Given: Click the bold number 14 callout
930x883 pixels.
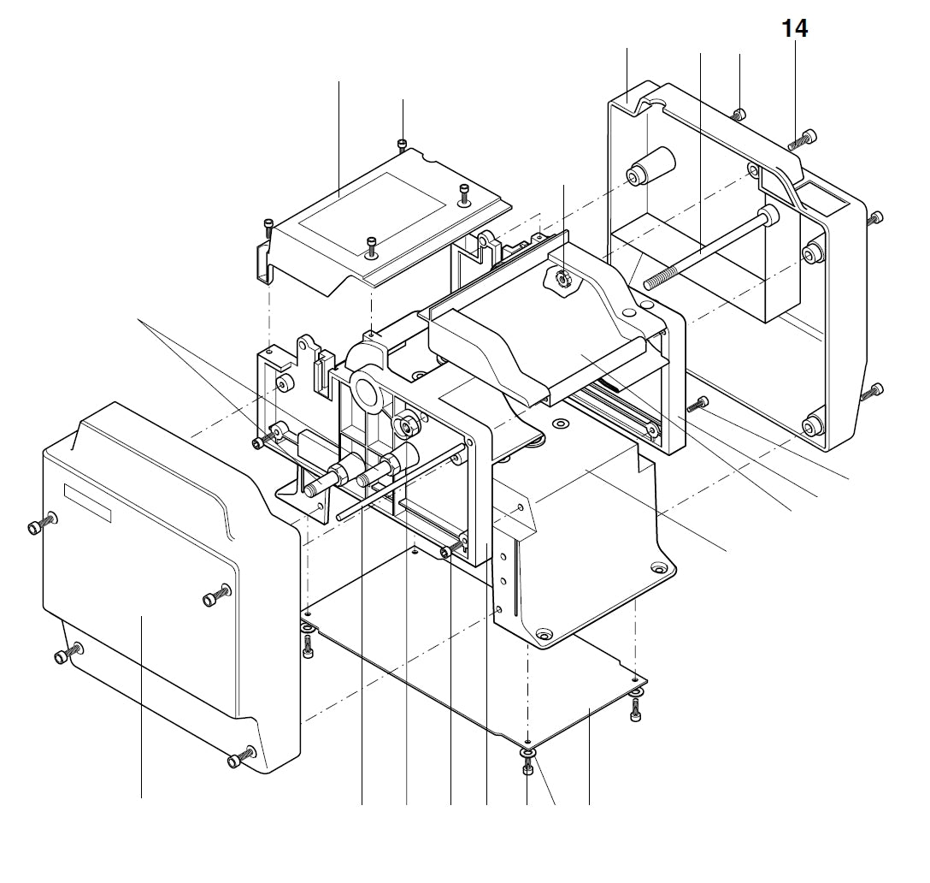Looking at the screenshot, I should click(x=794, y=28).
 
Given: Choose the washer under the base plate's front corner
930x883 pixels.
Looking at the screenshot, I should click(x=528, y=752).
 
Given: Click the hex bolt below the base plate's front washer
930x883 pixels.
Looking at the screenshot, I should click(x=528, y=769).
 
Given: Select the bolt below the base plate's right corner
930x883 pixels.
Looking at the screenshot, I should click(x=635, y=709).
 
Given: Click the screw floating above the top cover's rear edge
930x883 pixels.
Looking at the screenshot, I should click(x=403, y=145).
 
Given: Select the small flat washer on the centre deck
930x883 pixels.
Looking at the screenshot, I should click(x=560, y=424).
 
